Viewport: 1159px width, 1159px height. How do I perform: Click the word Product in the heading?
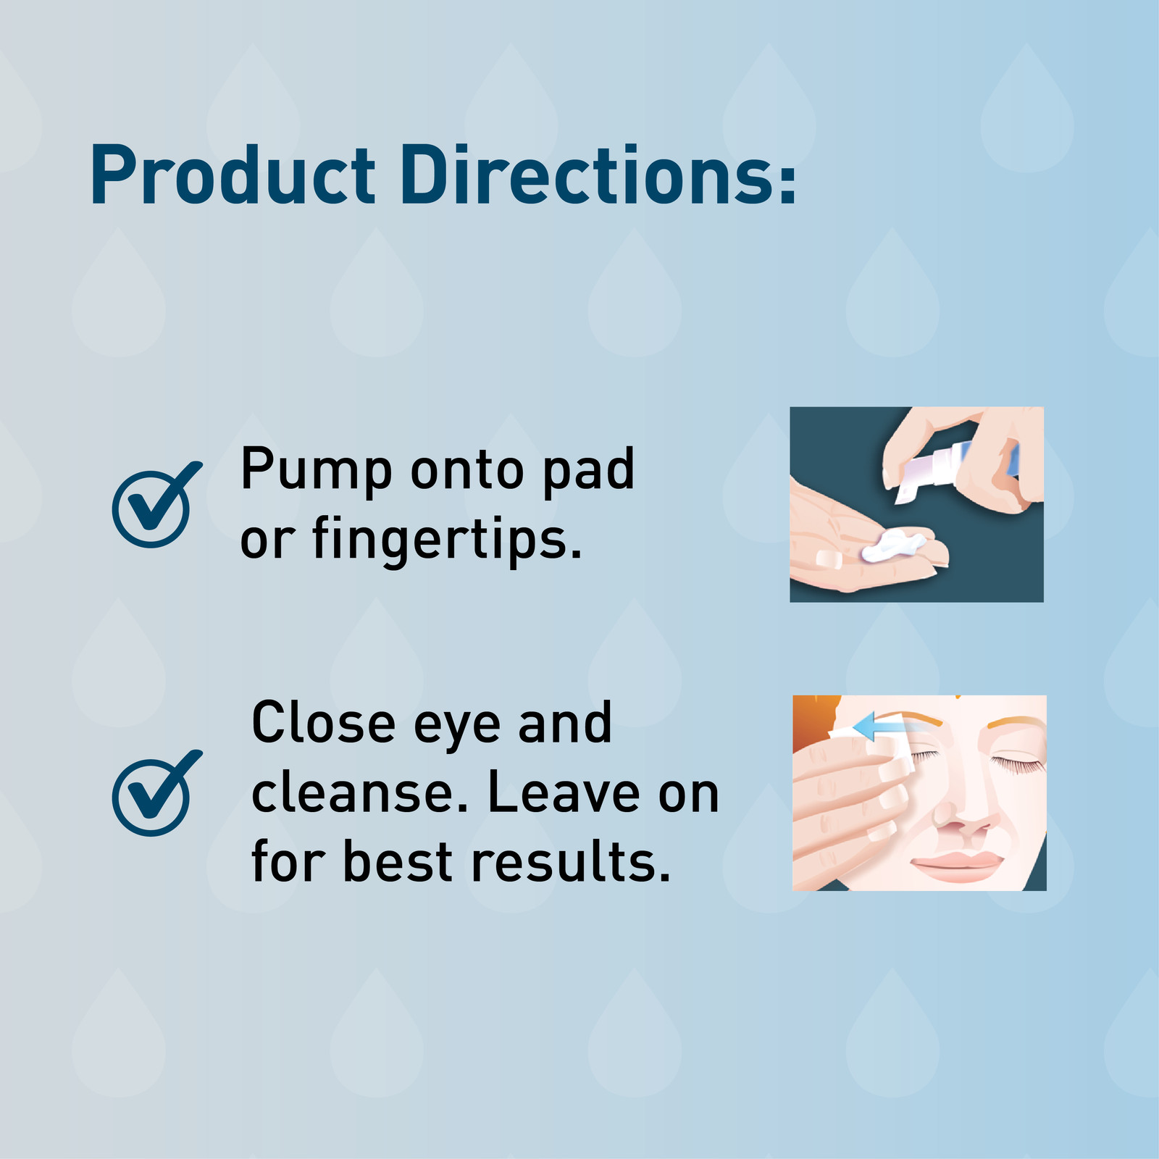(233, 176)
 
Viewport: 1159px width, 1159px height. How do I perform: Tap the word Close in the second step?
(324, 723)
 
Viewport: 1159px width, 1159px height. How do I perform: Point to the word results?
(571, 862)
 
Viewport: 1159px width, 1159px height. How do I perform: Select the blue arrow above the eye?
(876, 725)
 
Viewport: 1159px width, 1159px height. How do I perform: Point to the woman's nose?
(963, 819)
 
